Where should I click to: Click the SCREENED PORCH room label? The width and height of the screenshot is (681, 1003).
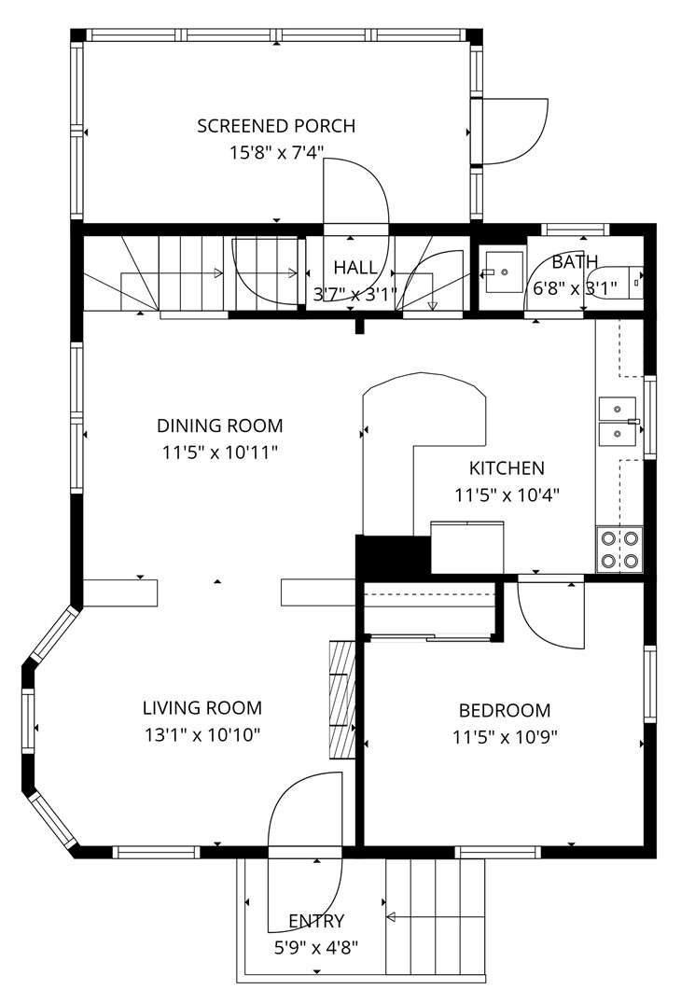click(276, 126)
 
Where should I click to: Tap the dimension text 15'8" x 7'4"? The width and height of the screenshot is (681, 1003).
click(276, 152)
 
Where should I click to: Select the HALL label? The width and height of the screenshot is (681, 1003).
click(355, 268)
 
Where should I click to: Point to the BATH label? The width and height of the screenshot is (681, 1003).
click(574, 262)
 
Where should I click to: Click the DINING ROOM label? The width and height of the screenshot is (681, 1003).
click(219, 426)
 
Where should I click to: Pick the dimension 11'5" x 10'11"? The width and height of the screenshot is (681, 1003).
click(219, 453)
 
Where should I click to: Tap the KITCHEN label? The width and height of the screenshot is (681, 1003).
click(507, 468)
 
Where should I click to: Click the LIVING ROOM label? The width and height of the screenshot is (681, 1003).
click(202, 708)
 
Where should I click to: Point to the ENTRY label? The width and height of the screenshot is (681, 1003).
click(316, 922)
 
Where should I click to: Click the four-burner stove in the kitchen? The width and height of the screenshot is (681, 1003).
click(619, 550)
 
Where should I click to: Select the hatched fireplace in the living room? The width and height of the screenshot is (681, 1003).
click(342, 698)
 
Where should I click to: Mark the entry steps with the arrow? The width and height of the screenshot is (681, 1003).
click(435, 916)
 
